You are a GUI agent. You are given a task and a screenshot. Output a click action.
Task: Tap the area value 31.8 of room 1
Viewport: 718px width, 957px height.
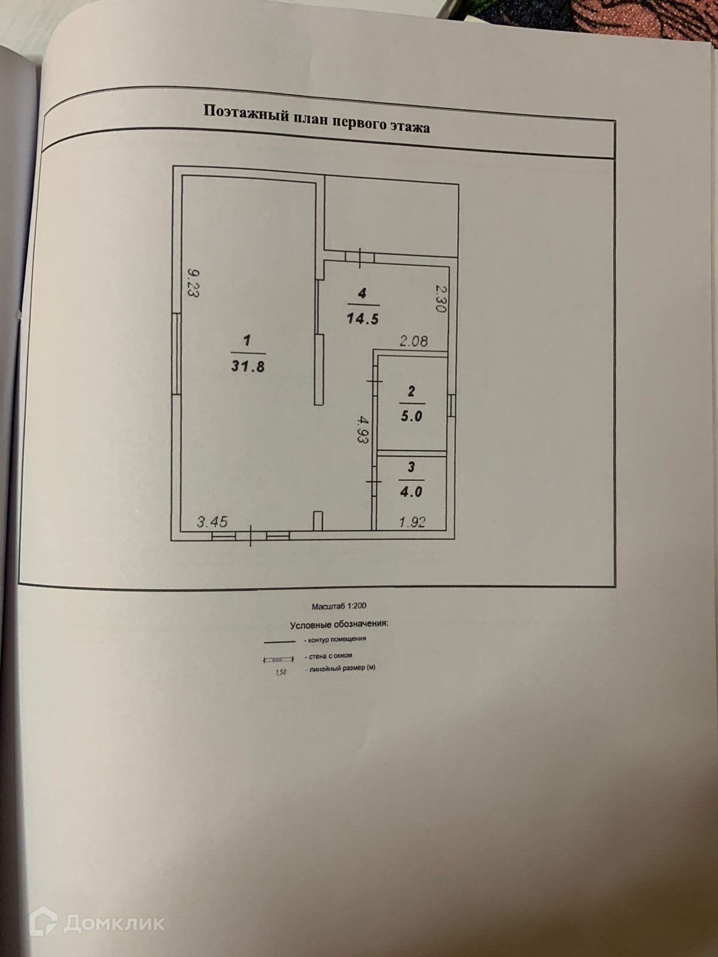(248, 366)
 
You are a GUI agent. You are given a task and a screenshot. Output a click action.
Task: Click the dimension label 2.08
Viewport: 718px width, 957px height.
(413, 342)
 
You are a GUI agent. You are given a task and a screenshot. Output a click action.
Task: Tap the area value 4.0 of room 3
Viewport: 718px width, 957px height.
(412, 492)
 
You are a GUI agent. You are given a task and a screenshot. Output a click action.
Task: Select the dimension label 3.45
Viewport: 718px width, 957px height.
(212, 522)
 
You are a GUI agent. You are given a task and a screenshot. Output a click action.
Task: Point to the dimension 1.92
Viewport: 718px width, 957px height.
(412, 522)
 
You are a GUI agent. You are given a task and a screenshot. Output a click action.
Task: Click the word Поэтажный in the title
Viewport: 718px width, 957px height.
(246, 112)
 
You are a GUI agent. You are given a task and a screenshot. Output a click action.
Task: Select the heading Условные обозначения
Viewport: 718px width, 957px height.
(339, 624)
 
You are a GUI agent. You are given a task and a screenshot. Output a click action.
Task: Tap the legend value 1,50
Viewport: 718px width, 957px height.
(279, 672)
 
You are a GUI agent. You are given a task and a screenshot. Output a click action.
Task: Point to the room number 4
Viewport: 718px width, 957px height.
(361, 293)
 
